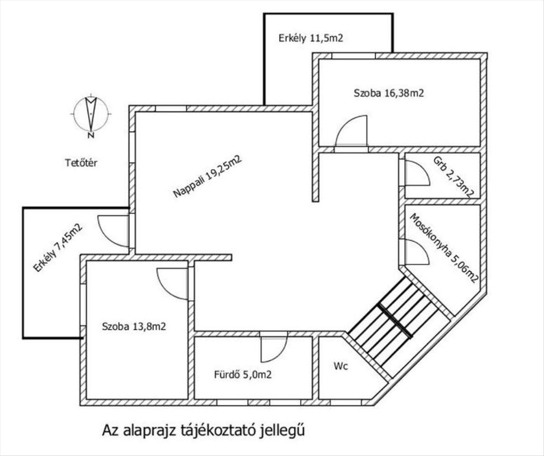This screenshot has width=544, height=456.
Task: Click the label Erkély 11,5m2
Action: (x=310, y=38)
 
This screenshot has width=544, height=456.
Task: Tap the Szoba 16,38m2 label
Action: (x=388, y=93)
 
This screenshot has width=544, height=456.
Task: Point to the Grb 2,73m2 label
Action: (x=454, y=177)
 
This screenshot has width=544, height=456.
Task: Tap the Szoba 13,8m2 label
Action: (x=134, y=326)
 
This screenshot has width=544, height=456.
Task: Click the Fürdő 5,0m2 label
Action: (x=242, y=374)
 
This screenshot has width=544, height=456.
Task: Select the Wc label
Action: (x=341, y=366)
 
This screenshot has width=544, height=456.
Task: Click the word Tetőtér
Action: (x=81, y=162)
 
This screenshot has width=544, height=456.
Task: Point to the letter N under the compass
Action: (x=91, y=135)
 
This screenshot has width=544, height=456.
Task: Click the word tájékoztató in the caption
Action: (x=219, y=430)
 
